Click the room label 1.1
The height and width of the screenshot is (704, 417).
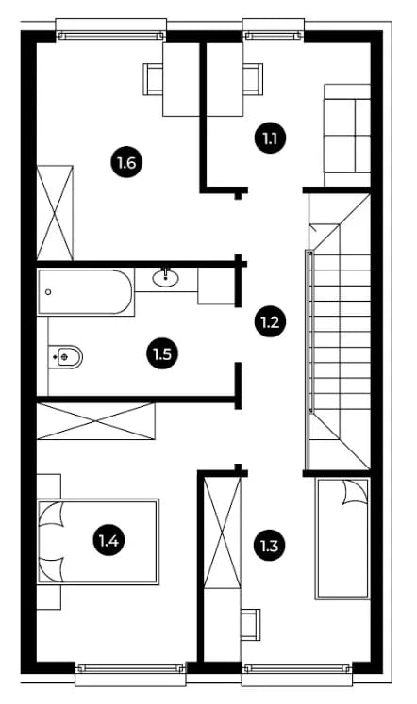[270, 138]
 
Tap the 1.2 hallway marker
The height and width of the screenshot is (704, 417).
[270, 322]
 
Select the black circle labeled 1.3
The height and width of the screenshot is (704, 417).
[269, 546]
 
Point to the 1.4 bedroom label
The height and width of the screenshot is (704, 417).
[108, 540]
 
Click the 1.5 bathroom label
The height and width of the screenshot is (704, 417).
[162, 353]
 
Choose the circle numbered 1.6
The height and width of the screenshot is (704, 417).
[126, 162]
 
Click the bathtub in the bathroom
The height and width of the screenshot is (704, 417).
[86, 292]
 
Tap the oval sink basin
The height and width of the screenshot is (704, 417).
[165, 278]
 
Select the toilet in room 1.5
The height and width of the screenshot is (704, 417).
[65, 357]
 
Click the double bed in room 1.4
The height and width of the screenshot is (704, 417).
[98, 541]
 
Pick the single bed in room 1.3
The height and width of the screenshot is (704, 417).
[342, 538]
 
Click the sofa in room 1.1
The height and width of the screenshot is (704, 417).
[347, 135]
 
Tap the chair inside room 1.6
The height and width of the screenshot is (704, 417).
[153, 79]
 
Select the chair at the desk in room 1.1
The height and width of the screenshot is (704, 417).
[253, 79]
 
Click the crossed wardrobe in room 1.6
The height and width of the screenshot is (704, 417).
[55, 212]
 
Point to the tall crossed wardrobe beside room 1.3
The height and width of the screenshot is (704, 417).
[223, 532]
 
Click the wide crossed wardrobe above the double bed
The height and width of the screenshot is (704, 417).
[95, 420]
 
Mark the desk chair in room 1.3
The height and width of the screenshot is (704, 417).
[250, 624]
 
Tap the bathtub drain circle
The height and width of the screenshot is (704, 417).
[48, 292]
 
